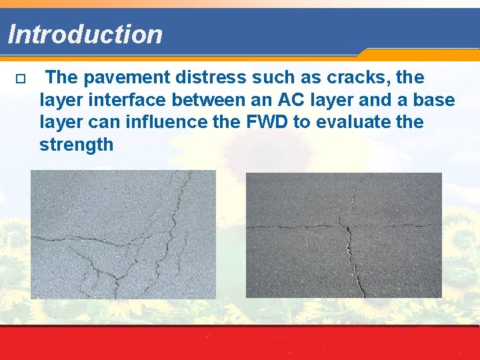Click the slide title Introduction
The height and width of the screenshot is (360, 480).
pos(85,34)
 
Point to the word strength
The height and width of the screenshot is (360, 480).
pos(77,145)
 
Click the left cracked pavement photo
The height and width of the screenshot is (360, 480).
pos(123,234)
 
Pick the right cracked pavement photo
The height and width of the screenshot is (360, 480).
pos(344,235)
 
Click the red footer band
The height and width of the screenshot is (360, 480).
pos(240,343)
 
